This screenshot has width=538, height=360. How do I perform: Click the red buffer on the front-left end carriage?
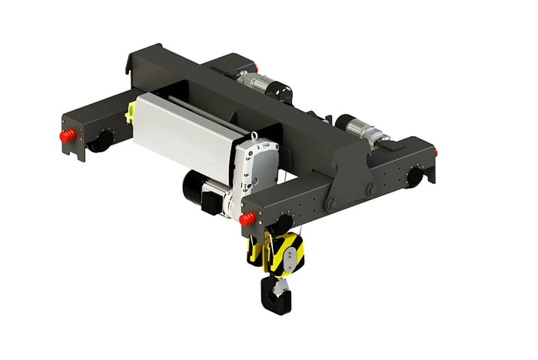(x=68, y=136)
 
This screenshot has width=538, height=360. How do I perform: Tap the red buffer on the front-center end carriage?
(x=247, y=219)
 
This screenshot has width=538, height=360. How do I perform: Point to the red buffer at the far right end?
(x=435, y=152)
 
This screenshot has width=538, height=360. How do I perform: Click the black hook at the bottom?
(x=275, y=296)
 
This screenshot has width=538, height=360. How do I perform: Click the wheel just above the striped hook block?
(x=279, y=224)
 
